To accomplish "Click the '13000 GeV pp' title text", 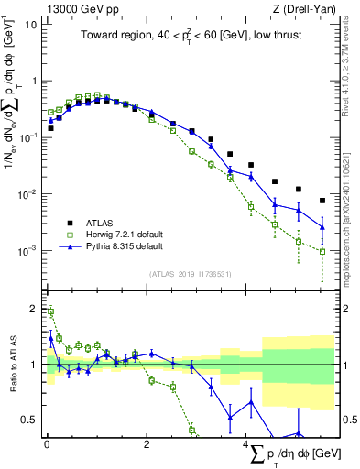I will point(76,8).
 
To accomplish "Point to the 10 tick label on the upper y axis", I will point(30,24).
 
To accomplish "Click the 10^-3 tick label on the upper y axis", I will point(27,251).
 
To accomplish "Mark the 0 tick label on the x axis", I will point(47,442).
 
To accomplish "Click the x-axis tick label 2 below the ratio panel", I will point(147,442).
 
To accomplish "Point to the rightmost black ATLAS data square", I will point(322,201).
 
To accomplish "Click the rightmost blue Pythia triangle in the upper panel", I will point(322,227).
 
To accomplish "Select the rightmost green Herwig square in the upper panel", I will point(322,251).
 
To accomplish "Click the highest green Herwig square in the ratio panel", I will point(50,312).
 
